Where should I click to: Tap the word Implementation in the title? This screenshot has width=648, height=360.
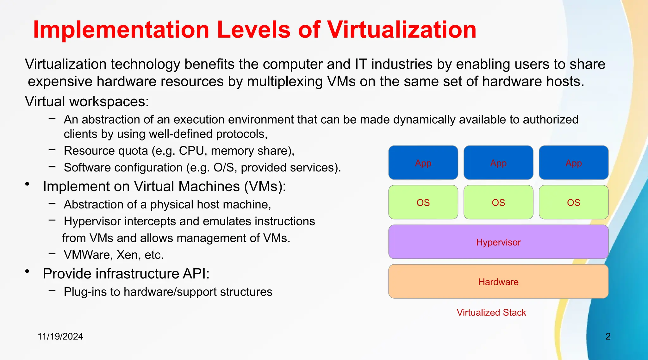tap(121, 30)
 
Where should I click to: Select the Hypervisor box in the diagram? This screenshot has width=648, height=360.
tap(498, 242)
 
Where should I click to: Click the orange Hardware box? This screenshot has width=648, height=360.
tap(498, 282)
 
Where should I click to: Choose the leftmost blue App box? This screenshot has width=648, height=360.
tap(423, 163)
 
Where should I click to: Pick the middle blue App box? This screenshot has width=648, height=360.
tap(498, 163)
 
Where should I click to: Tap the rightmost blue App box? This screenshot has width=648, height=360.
tap(573, 163)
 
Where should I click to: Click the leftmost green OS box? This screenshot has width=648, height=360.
tap(423, 202)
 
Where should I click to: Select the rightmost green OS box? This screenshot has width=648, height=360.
tap(573, 202)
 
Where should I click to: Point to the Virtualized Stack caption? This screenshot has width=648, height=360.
tap(491, 313)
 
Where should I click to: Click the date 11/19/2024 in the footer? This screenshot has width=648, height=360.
tap(60, 336)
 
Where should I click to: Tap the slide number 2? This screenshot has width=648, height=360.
tap(608, 336)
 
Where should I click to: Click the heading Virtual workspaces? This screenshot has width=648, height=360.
tap(87, 102)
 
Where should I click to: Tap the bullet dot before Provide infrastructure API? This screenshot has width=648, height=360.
tap(28, 271)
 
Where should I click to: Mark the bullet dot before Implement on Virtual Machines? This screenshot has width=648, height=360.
tap(28, 184)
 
